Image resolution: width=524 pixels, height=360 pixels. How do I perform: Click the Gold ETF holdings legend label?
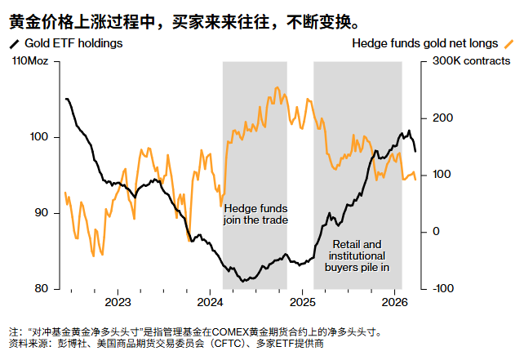click(74, 43)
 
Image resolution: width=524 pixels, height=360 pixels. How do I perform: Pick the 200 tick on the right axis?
click(440, 118)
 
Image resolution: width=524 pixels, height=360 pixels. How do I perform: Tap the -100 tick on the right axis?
click(442, 288)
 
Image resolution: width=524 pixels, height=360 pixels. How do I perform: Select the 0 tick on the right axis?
click(435, 232)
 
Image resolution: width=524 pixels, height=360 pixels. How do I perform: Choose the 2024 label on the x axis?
click(210, 302)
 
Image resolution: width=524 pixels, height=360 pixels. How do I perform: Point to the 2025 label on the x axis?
click(302, 302)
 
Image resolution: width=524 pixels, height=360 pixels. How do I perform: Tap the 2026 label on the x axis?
click(395, 302)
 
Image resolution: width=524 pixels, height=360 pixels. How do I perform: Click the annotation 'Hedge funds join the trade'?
click(255, 214)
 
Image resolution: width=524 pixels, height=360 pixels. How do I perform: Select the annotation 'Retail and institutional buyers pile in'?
click(357, 256)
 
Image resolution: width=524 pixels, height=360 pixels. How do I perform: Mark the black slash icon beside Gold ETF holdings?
click(14, 43)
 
